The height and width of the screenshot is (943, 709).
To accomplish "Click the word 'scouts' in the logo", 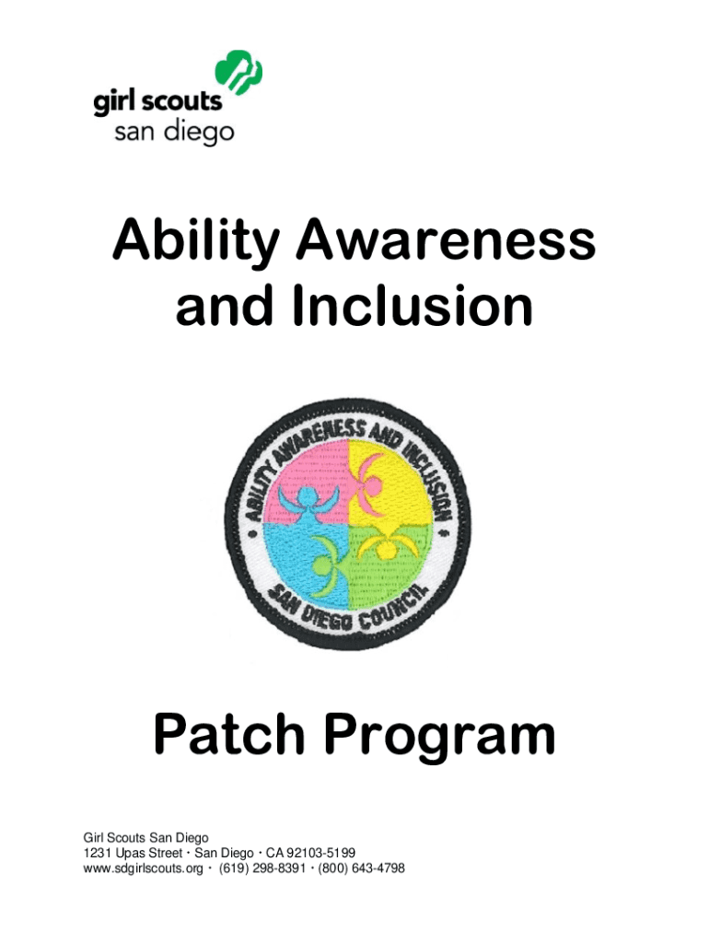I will click(x=184, y=101).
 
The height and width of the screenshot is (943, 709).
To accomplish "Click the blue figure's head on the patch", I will click(x=304, y=498).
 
